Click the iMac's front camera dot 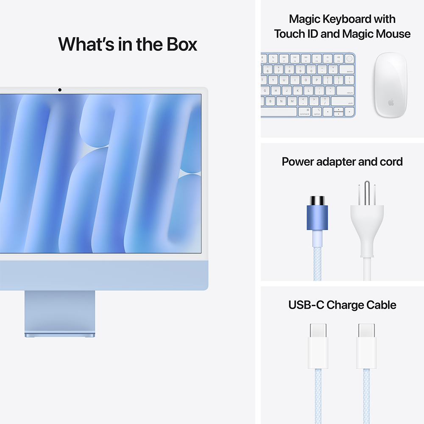(x=60, y=89)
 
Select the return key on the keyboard (x=345, y=90)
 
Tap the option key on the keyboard (x=317, y=112)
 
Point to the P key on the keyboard (x=317, y=80)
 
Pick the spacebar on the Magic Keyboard (x=279, y=112)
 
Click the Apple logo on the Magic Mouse (x=391, y=102)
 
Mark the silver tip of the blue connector (x=317, y=200)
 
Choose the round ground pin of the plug (x=367, y=190)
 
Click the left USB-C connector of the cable (x=318, y=346)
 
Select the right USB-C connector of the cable (x=366, y=346)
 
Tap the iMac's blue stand (x=60, y=314)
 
